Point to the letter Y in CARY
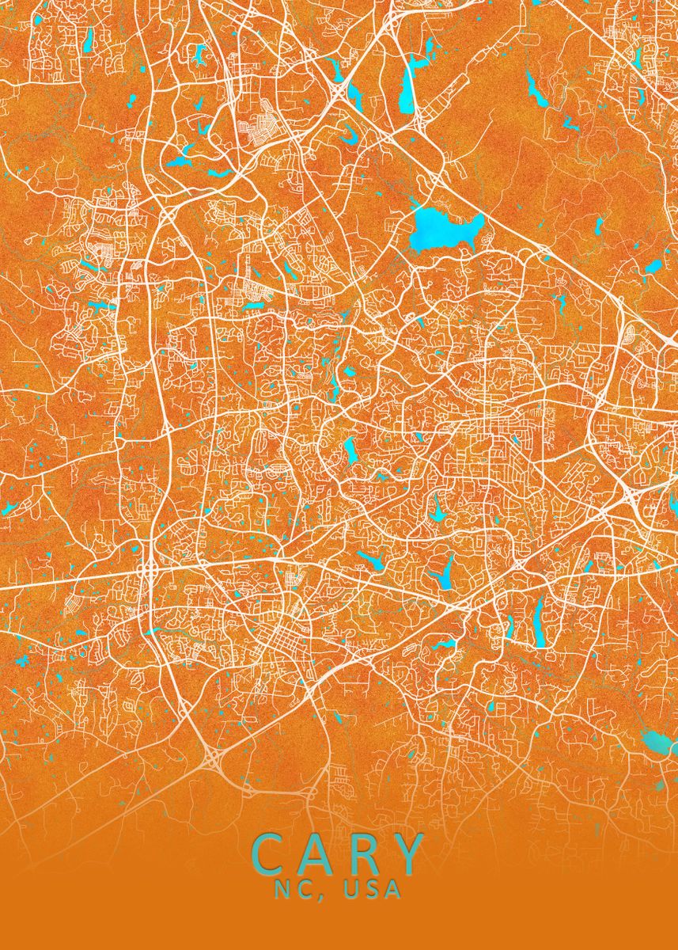(x=408, y=853)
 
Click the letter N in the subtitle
(x=282, y=890)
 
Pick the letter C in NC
(x=305, y=890)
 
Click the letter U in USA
(x=350, y=890)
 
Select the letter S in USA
(x=373, y=890)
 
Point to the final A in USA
(x=393, y=890)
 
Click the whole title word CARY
(x=338, y=853)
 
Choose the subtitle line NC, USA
(x=338, y=890)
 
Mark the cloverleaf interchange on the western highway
(x=147, y=568)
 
